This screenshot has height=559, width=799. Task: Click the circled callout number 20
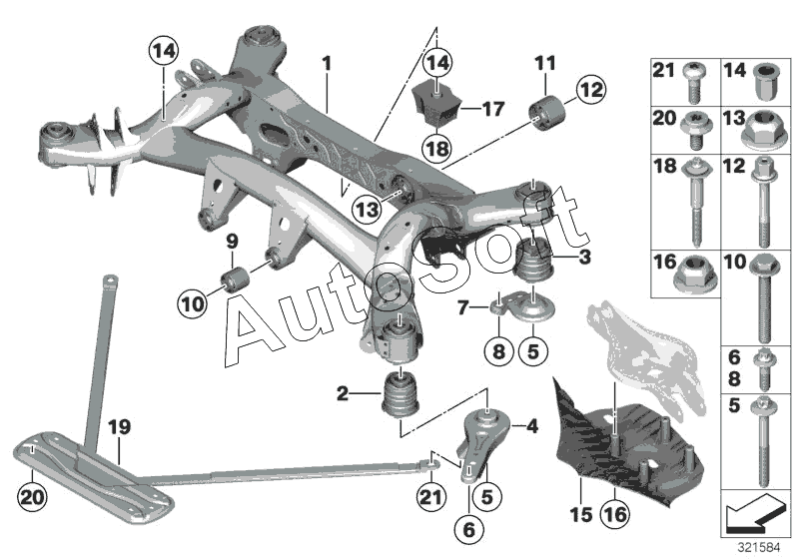tap(32, 497)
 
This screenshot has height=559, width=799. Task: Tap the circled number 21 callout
tap(431, 496)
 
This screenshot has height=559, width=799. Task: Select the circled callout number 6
tap(468, 529)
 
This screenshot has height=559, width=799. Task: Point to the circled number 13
tap(368, 209)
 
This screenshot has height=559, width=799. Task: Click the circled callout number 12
tap(591, 90)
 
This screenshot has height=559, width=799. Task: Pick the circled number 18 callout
tap(437, 148)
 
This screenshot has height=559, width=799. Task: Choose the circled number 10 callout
tap(192, 304)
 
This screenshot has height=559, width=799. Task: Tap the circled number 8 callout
tap(498, 350)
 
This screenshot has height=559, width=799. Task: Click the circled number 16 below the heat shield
tap(615, 514)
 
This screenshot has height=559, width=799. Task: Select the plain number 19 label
tap(119, 426)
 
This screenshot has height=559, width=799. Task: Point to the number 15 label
tap(581, 515)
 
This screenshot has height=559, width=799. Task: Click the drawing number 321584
tap(759, 548)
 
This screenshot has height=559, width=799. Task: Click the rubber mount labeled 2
tap(400, 393)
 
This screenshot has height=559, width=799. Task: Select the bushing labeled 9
tap(236, 279)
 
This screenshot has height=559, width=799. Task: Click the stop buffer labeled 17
tap(434, 106)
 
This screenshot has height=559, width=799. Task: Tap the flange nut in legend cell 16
tap(691, 276)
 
